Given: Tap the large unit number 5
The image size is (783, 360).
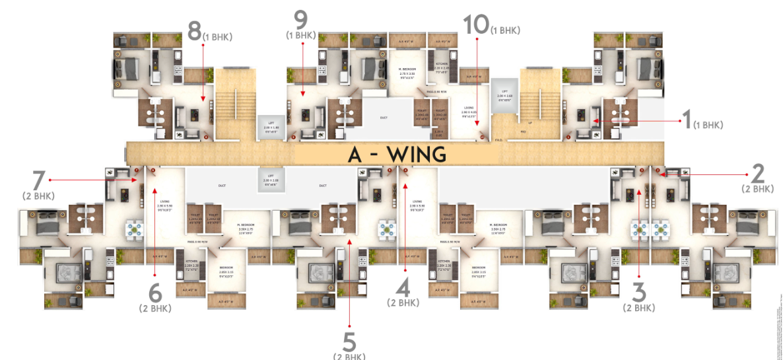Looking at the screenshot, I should tap(349, 342).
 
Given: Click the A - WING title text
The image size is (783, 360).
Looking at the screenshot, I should tap(397, 155).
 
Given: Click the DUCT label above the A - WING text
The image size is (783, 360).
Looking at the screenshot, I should tap(384, 118).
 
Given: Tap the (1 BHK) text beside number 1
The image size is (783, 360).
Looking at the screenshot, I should tap(708, 125).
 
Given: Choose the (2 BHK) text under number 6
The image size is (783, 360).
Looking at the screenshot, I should tap(155, 308).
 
